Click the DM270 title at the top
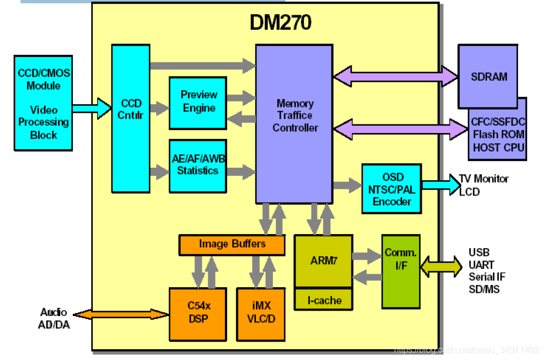[280, 23]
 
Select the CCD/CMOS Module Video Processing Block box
[43, 103]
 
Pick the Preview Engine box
[198, 103]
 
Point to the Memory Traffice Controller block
[294, 116]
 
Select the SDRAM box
[487, 77]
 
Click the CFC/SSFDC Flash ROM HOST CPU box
[499, 135]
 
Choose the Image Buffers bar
[232, 244]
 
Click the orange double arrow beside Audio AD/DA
[121, 314]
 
